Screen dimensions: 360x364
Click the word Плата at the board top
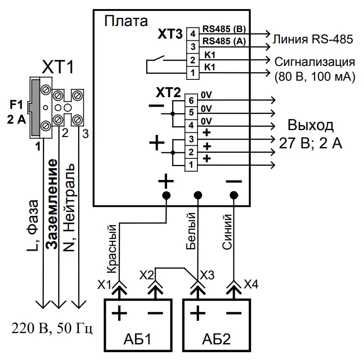(x=126, y=21)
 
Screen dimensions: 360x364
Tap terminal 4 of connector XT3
(x=193, y=33)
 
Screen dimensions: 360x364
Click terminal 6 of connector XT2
(x=191, y=101)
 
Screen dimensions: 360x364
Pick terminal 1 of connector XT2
(x=191, y=164)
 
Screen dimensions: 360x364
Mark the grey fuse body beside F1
(x=34, y=106)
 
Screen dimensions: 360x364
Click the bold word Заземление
(x=52, y=204)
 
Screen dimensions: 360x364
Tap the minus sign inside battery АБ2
(x=234, y=312)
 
